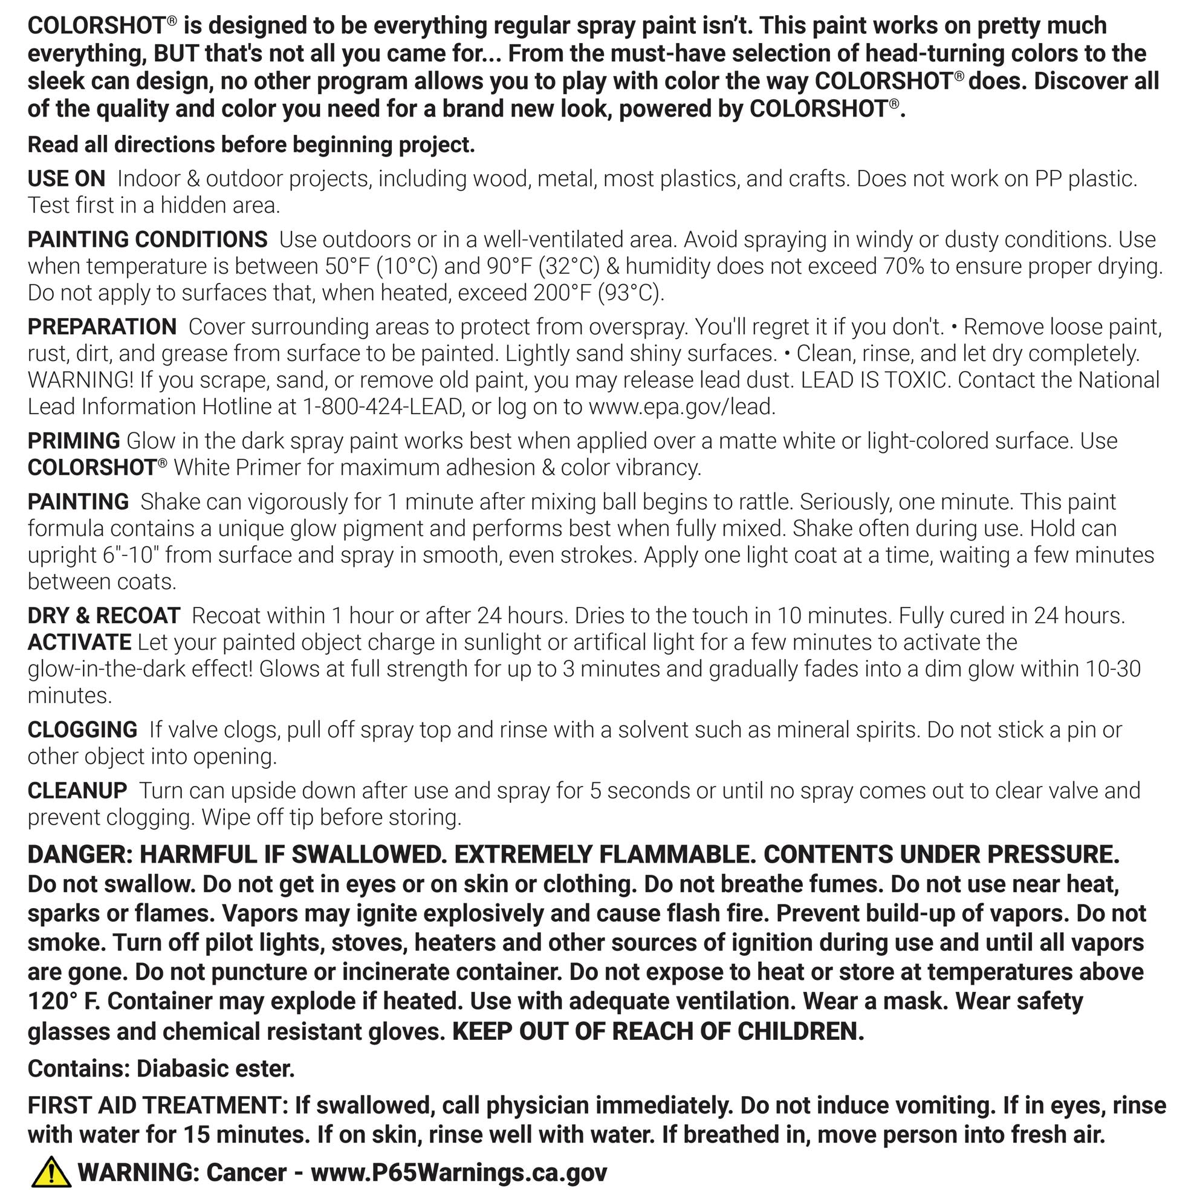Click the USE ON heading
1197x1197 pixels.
click(x=66, y=179)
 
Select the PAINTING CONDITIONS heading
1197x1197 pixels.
click(x=148, y=240)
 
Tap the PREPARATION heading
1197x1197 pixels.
click(x=102, y=327)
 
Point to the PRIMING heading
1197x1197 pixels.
click(x=74, y=441)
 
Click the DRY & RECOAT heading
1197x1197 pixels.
click(x=104, y=616)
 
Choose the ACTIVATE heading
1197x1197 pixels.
click(x=79, y=643)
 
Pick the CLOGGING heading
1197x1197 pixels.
click(x=82, y=730)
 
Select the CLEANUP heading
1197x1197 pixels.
click(x=77, y=791)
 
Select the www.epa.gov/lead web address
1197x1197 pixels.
click(x=681, y=407)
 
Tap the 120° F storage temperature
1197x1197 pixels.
click(x=64, y=1002)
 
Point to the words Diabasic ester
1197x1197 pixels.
click(x=215, y=1069)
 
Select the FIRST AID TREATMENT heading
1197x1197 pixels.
click(x=157, y=1106)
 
